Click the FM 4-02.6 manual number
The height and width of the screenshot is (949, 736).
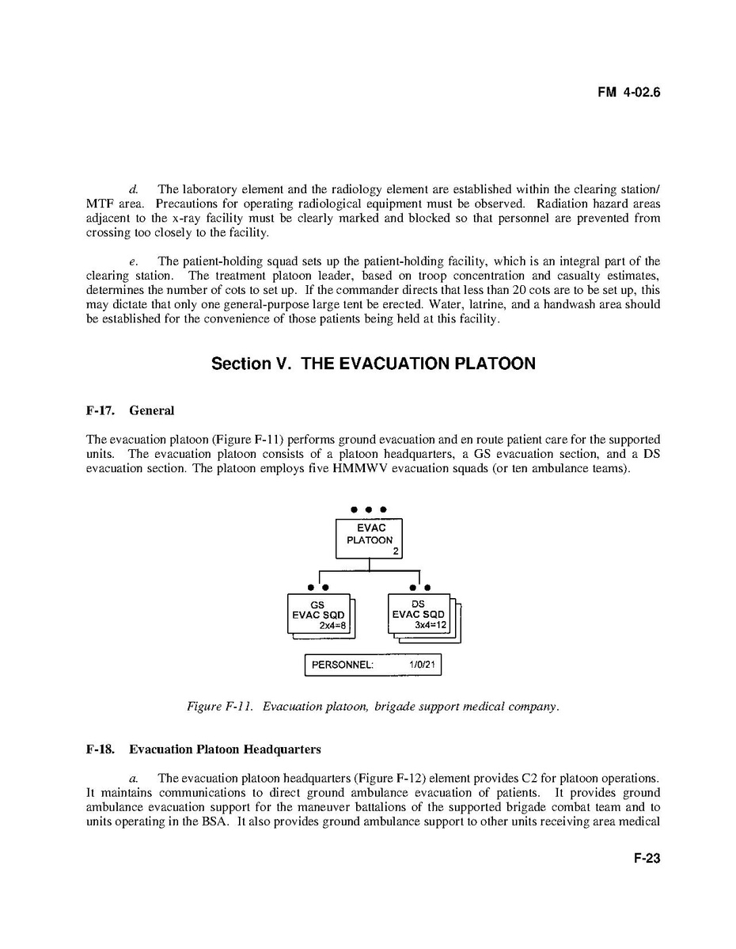coord(628,93)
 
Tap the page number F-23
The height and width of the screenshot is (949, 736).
coord(647,859)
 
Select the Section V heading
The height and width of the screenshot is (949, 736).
coord(373,364)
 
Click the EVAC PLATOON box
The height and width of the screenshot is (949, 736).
coord(369,539)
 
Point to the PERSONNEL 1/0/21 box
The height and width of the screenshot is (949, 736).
coord(373,665)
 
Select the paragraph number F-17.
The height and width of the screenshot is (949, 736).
coord(101,410)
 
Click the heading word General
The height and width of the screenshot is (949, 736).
coord(151,410)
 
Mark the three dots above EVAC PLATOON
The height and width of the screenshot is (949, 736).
coord(369,509)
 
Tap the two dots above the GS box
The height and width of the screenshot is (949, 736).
coord(319,587)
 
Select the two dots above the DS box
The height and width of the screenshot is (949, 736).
coord(419,587)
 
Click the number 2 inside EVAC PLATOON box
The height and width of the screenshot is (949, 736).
coord(396,551)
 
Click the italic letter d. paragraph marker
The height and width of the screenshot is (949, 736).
coord(134,189)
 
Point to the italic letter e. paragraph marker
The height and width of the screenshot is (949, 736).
coord(134,261)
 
